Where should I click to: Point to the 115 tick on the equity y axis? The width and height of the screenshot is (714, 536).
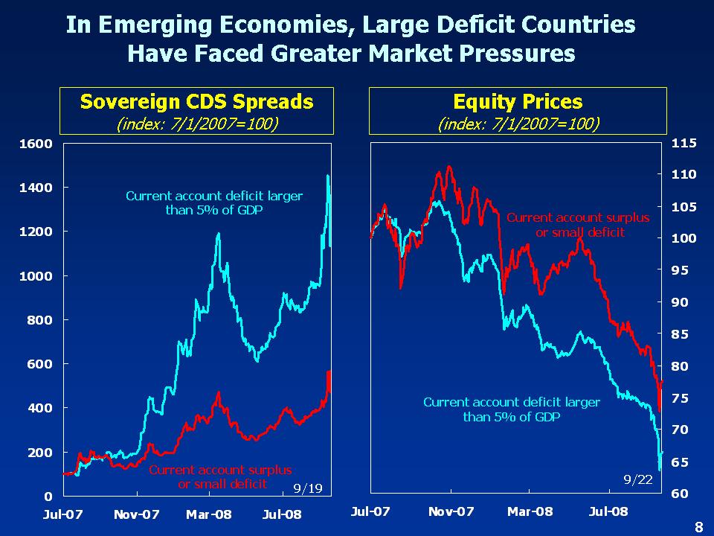684,143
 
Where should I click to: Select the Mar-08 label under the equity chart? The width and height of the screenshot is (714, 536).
530,511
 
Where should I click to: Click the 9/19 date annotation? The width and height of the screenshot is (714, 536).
307,488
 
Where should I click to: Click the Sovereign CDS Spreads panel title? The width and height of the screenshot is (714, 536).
196,102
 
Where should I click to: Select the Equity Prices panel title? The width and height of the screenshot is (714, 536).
518,102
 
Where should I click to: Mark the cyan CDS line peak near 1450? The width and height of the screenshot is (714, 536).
328,176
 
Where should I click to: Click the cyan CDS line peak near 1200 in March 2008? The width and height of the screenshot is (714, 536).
219,234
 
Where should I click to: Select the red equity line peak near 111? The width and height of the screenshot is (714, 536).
449,167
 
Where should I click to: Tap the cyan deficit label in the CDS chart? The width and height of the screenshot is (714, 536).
214,203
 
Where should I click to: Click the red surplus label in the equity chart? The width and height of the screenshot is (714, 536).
578,225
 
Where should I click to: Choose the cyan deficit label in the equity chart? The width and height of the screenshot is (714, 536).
511,409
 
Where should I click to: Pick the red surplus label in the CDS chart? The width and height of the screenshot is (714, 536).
220,477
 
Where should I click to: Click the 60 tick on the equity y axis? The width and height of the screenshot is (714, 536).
684,494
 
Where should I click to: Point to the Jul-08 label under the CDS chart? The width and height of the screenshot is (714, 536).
282,514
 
